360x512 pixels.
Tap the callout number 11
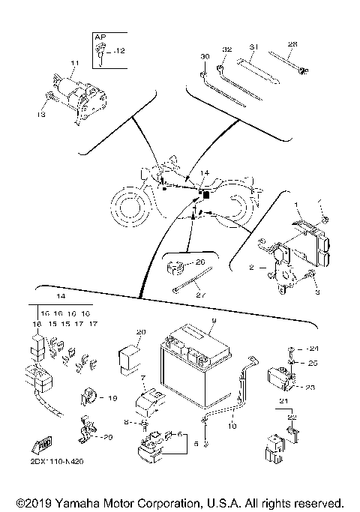click(x=74, y=62)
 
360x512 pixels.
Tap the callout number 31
click(x=254, y=47)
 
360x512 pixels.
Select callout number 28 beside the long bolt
click(x=292, y=44)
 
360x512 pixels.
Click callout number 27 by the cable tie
click(x=200, y=295)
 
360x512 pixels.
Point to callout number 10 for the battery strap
click(x=233, y=426)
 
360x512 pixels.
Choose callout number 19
click(x=113, y=397)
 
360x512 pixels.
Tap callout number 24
click(x=314, y=349)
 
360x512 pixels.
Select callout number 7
click(x=142, y=378)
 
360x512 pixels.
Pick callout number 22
click(x=292, y=417)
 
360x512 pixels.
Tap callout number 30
click(x=204, y=56)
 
